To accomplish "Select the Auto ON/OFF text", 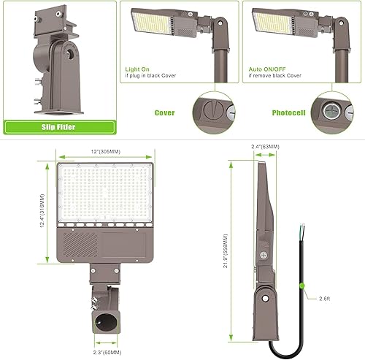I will pos(267,66).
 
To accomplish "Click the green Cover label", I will pos(165,114).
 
